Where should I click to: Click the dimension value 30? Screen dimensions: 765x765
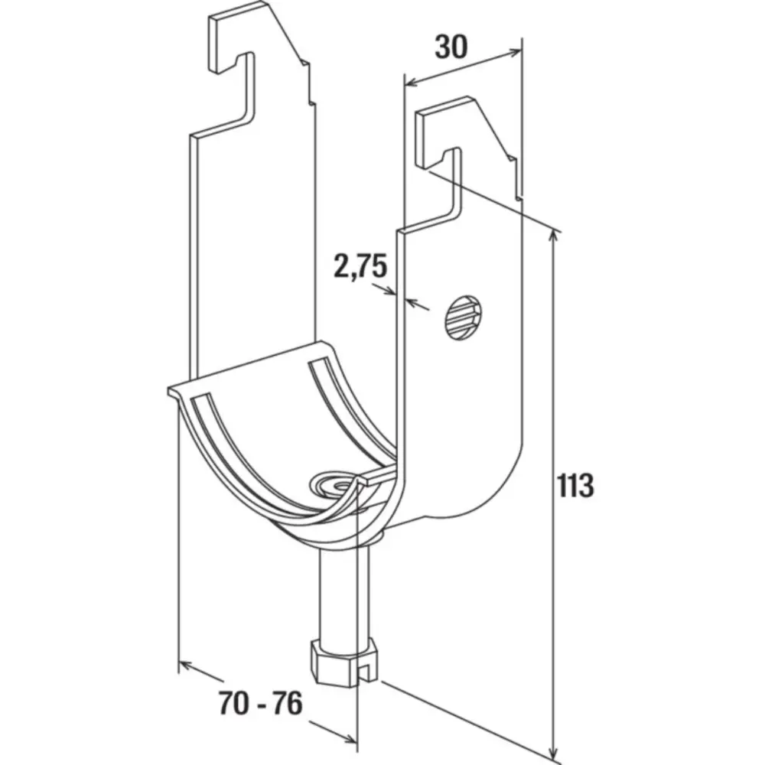pyautogui.click(x=451, y=47)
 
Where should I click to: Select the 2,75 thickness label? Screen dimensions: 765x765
pyautogui.click(x=360, y=266)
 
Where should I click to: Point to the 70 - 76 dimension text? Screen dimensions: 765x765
pyautogui.click(x=261, y=703)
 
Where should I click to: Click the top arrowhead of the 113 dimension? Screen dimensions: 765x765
pyautogui.click(x=553, y=237)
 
